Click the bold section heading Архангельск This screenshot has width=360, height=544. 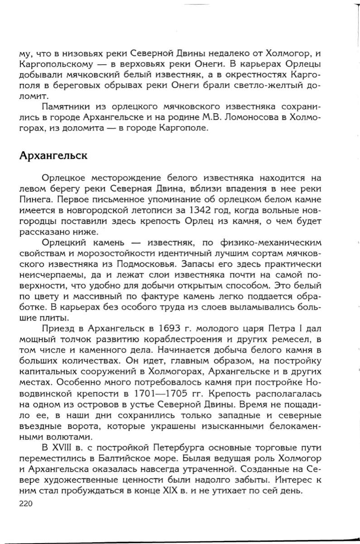point(53,156)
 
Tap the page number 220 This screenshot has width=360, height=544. point(29,503)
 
